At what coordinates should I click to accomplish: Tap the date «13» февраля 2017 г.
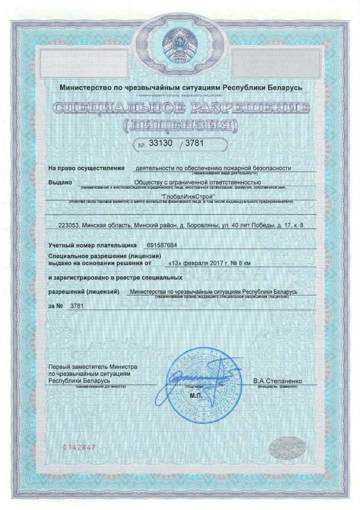pyautogui.click(x=193, y=262)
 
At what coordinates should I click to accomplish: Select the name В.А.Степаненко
pyautogui.click(x=278, y=381)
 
